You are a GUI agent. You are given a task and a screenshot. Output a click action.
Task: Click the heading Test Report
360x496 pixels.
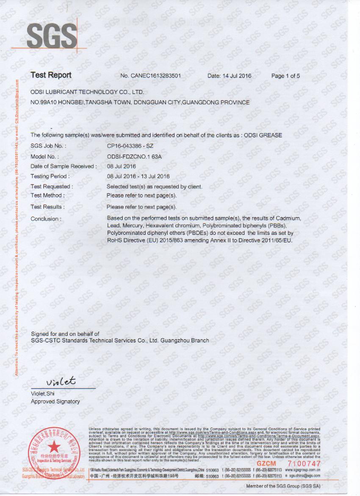pos(51,75)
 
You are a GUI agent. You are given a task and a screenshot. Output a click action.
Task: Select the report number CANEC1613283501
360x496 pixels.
pos(156,76)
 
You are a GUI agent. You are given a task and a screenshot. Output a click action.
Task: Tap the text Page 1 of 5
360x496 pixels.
pos(285,76)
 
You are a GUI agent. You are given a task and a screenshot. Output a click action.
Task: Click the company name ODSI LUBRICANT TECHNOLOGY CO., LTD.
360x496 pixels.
pos(87,92)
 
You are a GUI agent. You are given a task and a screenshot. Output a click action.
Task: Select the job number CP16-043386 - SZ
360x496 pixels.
pos(130,146)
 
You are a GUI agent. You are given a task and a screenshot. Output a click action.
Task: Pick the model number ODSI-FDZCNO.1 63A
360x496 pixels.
pos(134,156)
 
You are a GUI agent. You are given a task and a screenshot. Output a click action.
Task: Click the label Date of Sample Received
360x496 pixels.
pos(64,166)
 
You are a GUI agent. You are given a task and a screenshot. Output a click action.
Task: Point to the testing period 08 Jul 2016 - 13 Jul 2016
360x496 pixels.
pos(138,176)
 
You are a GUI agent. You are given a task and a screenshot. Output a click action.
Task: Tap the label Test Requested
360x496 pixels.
pos(52,187)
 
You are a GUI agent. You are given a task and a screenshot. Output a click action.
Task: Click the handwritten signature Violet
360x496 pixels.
pos(61,381)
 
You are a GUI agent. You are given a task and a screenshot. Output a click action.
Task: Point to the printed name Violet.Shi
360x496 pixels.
pos(43,393)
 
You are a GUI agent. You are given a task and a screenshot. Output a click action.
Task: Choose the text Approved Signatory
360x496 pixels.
pos(55,401)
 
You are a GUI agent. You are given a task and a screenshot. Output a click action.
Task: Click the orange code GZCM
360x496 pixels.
pos(266,464)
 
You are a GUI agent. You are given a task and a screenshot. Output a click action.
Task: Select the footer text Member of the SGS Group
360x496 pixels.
pos(283,486)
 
